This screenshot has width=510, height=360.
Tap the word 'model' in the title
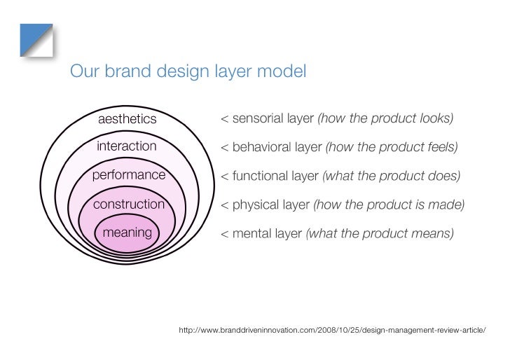(x=280, y=72)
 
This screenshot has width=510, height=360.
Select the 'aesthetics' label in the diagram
(x=127, y=119)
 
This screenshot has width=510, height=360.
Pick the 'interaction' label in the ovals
(x=127, y=146)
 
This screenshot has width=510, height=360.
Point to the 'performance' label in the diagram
(x=128, y=174)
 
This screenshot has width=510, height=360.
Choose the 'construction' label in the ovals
(x=128, y=205)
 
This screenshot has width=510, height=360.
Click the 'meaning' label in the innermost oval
(x=127, y=232)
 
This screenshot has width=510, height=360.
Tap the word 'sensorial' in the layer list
(x=258, y=118)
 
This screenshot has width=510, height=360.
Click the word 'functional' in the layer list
(x=260, y=175)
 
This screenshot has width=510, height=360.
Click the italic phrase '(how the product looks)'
(x=385, y=118)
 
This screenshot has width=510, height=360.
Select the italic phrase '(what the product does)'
(x=391, y=175)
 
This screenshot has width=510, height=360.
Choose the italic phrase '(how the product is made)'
(x=389, y=205)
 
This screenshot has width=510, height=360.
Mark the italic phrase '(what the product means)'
(x=380, y=233)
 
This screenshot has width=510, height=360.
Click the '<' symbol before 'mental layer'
(x=224, y=233)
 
